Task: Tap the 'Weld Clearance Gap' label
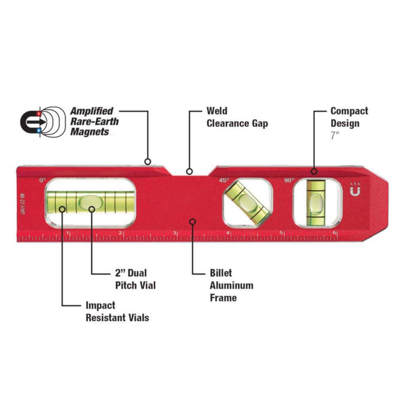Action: [237, 117]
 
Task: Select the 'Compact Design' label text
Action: [349, 117]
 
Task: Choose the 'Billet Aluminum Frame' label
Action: [231, 285]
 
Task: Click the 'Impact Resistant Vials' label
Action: [117, 311]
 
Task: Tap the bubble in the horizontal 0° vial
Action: [89, 201]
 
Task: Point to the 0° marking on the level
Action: [42, 180]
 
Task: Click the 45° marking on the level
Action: [224, 180]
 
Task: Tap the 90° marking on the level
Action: [289, 180]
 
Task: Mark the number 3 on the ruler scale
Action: [175, 233]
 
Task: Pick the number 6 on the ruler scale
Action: [335, 233]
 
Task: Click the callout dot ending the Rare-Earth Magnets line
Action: [148, 162]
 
